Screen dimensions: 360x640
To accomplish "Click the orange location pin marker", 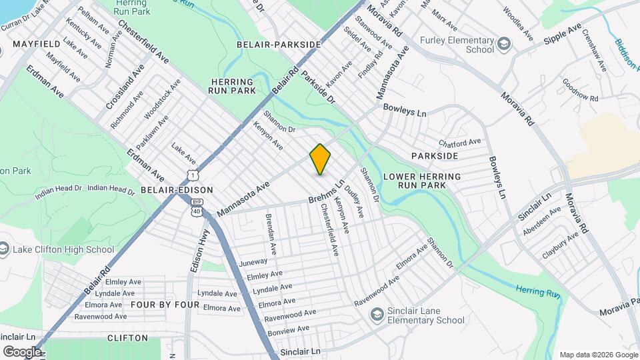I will (x=320, y=159).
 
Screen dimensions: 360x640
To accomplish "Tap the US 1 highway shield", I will (x=192, y=175).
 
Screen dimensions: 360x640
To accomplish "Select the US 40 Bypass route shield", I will (x=197, y=207).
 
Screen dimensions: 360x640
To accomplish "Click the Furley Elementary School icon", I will (x=504, y=45).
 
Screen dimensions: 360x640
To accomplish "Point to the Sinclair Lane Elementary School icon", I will (x=377, y=313).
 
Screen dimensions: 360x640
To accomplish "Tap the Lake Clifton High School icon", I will (x=4, y=250).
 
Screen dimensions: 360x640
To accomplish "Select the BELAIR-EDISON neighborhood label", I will (x=177, y=190).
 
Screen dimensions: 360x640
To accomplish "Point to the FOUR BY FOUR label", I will (x=165, y=305).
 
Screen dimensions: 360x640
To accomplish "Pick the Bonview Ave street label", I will (x=288, y=330).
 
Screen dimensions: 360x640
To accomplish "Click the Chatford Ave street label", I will (x=459, y=143).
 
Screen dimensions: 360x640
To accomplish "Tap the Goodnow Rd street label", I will (x=580, y=94).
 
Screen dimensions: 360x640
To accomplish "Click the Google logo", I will (x=22, y=351).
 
